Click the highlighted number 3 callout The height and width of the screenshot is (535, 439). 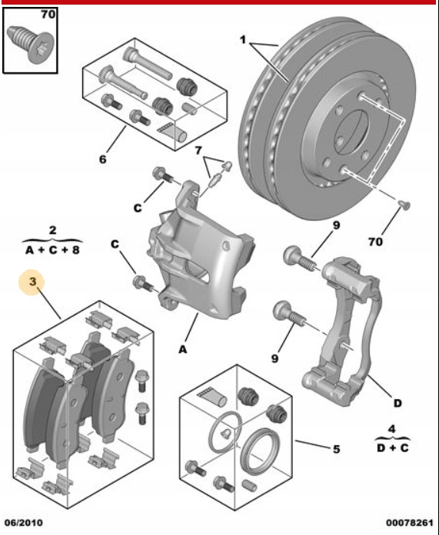(x=32, y=282)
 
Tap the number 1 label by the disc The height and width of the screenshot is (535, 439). (x=243, y=40)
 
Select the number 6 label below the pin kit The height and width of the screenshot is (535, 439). (x=103, y=159)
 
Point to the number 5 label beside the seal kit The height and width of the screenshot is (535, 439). (x=337, y=449)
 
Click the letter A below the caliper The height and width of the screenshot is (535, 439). (x=183, y=349)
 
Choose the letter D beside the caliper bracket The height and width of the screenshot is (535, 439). (x=397, y=403)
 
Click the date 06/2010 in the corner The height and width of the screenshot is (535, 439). (x=24, y=523)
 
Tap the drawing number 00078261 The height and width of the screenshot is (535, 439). (x=410, y=523)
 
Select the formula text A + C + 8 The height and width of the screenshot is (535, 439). (x=52, y=250)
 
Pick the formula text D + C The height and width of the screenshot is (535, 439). (x=393, y=447)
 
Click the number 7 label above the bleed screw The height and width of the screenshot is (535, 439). (x=198, y=150)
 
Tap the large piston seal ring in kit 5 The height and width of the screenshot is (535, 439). (x=260, y=451)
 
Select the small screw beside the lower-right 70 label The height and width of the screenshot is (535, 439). (x=404, y=205)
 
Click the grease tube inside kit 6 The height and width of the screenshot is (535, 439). (x=172, y=131)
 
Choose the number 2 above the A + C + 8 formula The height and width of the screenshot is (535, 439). (x=52, y=230)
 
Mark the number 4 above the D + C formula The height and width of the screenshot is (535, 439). (x=392, y=428)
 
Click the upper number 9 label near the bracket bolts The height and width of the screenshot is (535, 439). (x=337, y=225)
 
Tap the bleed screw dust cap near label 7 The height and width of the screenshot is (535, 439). (x=227, y=166)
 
